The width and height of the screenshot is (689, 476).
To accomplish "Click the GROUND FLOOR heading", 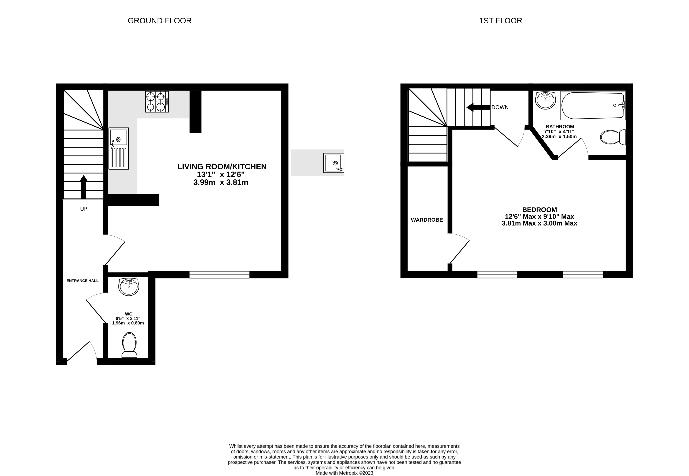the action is click(x=159, y=21).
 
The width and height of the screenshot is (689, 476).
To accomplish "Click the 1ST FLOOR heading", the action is click(x=500, y=21).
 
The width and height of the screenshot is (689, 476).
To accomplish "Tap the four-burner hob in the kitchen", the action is click(x=157, y=102).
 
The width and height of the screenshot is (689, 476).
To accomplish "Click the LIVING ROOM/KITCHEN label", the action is click(x=222, y=167).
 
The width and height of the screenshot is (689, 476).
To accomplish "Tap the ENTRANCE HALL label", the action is click(x=82, y=281).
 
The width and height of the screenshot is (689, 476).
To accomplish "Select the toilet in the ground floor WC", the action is click(x=129, y=345).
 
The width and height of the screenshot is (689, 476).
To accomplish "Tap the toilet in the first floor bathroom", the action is click(x=613, y=137).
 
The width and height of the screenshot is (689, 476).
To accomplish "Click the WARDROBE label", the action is click(x=427, y=220).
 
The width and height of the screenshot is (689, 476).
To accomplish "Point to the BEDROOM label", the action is click(x=539, y=210).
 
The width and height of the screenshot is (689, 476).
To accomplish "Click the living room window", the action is click(x=219, y=275).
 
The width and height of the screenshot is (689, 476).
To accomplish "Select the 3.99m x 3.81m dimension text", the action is click(x=221, y=182).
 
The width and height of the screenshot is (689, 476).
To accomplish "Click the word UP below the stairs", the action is click(x=83, y=209).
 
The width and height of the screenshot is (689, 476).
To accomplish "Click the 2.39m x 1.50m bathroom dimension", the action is click(x=559, y=137).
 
